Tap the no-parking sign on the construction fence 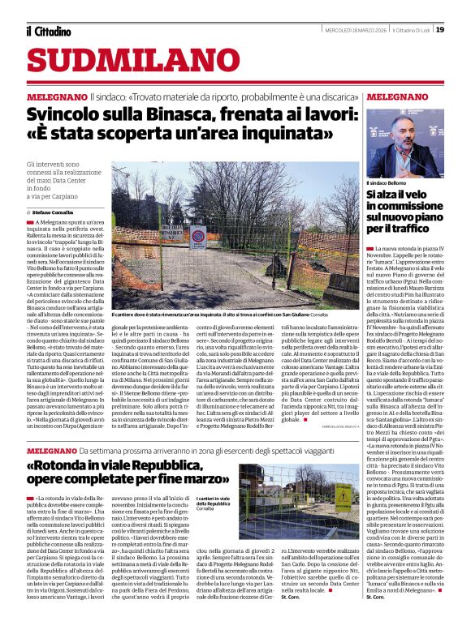click(x=197, y=236)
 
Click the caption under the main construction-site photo click(x=219, y=314)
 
